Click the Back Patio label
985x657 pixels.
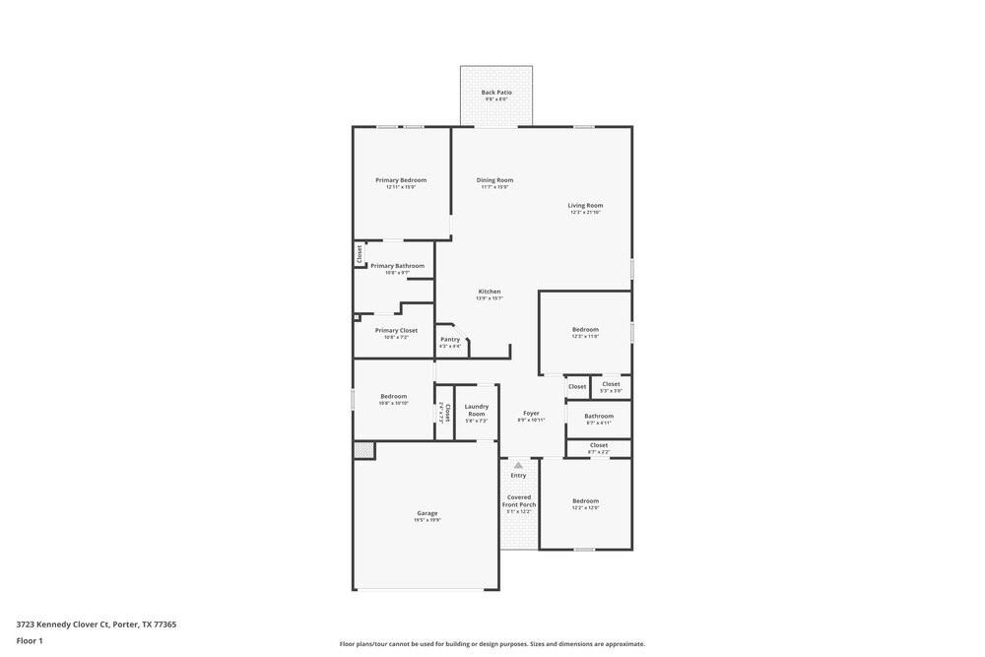[496, 93]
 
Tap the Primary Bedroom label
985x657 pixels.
[401, 180]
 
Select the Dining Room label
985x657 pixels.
[494, 180]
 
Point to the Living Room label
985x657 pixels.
[585, 206]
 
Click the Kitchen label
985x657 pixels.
[490, 292]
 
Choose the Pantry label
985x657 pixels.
[450, 340]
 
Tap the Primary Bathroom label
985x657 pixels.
[397, 266]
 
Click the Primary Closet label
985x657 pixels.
[396, 331]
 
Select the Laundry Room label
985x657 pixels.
[477, 410]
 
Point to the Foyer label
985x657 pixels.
[531, 414]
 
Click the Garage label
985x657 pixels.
[427, 513]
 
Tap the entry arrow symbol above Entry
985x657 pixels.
[518, 465]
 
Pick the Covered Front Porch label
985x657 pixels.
[519, 500]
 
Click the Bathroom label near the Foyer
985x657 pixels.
[599, 416]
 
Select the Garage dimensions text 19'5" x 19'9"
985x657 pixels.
[427, 520]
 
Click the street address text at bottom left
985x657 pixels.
[97, 624]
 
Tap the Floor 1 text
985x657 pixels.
[30, 641]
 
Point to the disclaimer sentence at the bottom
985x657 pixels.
[492, 644]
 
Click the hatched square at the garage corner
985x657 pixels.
[363, 450]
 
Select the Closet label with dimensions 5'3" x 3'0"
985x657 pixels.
[611, 384]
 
